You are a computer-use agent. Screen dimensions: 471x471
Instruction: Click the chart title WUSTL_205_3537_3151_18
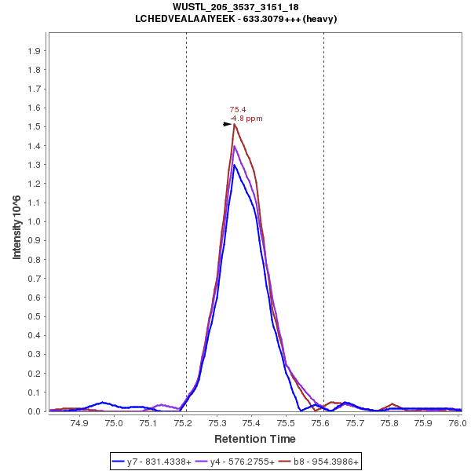pos(235,7)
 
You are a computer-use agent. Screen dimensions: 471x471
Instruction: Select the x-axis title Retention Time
pos(254,438)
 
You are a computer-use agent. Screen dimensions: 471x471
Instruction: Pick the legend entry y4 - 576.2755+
pos(243,462)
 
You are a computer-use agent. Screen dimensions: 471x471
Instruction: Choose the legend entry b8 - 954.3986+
pos(326,462)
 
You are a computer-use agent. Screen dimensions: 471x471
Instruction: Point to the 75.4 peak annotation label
pos(237,110)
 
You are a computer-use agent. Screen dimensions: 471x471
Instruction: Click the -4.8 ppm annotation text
pos(246,119)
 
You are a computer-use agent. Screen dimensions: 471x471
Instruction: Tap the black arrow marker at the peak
pos(228,123)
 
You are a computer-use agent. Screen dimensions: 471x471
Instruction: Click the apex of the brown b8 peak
pos(234,124)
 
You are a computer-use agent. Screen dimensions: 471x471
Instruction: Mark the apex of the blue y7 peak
pos(234,165)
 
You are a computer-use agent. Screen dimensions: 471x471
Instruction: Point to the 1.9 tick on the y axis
pos(35,50)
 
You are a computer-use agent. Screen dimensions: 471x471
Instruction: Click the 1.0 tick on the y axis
pos(35,221)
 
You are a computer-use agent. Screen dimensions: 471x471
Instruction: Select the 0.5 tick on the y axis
pos(35,316)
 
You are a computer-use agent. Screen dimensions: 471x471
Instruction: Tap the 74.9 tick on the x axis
pos(79,423)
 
